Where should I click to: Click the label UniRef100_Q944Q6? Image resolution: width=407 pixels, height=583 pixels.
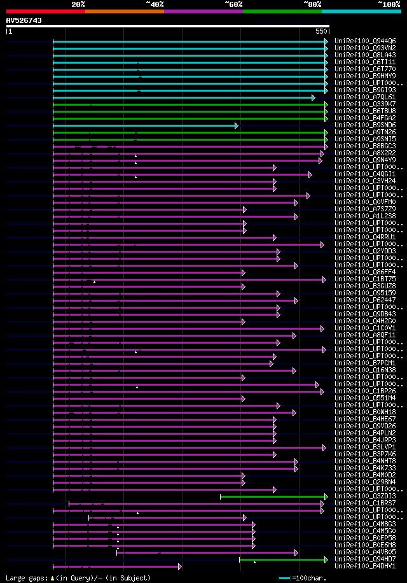click(364, 41)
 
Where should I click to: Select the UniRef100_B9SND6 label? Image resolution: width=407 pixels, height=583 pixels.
click(364, 125)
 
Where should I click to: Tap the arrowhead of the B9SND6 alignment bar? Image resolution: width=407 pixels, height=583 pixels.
click(236, 125)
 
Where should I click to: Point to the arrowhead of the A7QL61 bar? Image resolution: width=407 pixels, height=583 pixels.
click(313, 97)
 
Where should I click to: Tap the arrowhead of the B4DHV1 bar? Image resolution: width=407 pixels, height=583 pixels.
click(180, 566)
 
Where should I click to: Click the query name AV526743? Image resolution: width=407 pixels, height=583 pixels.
click(24, 20)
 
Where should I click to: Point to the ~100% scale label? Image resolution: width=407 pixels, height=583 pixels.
click(389, 4)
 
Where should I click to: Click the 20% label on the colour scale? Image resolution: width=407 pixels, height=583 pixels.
click(78, 4)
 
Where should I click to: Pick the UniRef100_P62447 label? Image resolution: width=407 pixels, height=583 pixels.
click(364, 300)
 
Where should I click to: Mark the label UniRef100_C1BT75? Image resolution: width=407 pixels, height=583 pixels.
click(364, 279)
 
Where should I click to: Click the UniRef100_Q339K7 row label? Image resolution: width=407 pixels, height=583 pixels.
click(364, 104)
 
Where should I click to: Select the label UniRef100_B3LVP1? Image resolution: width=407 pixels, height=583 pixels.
click(364, 447)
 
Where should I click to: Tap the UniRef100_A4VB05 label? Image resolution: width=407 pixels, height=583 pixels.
click(364, 552)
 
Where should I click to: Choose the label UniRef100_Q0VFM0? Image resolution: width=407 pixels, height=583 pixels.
click(364, 202)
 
